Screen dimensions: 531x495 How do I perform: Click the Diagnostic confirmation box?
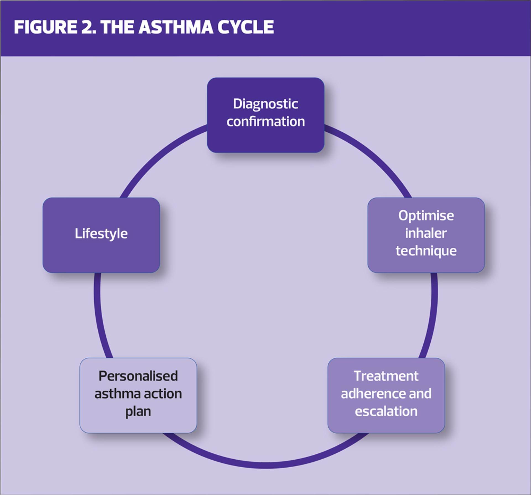265,115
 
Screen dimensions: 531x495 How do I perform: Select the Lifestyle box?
101,235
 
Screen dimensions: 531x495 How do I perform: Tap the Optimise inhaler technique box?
426,235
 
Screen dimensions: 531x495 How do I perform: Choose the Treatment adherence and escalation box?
386,395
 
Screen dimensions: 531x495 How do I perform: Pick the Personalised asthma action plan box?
138,395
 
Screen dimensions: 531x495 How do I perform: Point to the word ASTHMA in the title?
176,27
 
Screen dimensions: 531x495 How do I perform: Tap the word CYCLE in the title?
246,27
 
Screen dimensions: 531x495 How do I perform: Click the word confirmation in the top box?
265,122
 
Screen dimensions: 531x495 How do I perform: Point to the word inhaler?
426,233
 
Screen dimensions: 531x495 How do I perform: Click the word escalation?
386,411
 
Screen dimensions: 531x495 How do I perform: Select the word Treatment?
386,376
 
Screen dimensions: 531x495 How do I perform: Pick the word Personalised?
138,376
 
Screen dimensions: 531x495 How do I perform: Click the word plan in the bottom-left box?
138,412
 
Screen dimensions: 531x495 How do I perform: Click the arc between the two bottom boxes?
265,465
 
